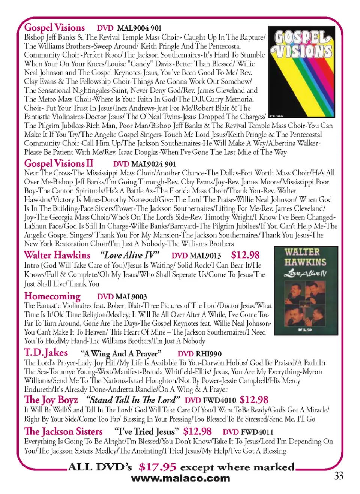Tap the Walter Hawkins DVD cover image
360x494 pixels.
(306, 290)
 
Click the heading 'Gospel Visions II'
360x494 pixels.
(58, 164)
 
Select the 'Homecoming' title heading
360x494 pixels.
(52, 296)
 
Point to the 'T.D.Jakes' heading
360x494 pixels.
(46, 353)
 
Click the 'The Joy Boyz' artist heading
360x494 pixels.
(51, 400)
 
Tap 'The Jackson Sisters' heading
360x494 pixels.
(63, 432)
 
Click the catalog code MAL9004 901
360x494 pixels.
(139, 28)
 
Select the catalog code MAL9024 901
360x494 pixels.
(153, 164)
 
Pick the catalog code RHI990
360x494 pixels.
(209, 354)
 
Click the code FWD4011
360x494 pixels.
(257, 432)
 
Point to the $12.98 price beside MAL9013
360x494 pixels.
(245, 255)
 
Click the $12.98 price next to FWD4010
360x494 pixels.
(254, 400)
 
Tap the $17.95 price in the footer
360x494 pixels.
(157, 467)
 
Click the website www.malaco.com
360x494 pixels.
(180, 478)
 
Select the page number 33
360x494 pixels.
(339, 476)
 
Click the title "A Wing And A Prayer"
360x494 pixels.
(121, 354)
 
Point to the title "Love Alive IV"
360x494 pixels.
(129, 256)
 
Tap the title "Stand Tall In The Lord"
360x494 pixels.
(133, 400)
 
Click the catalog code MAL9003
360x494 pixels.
(131, 297)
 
